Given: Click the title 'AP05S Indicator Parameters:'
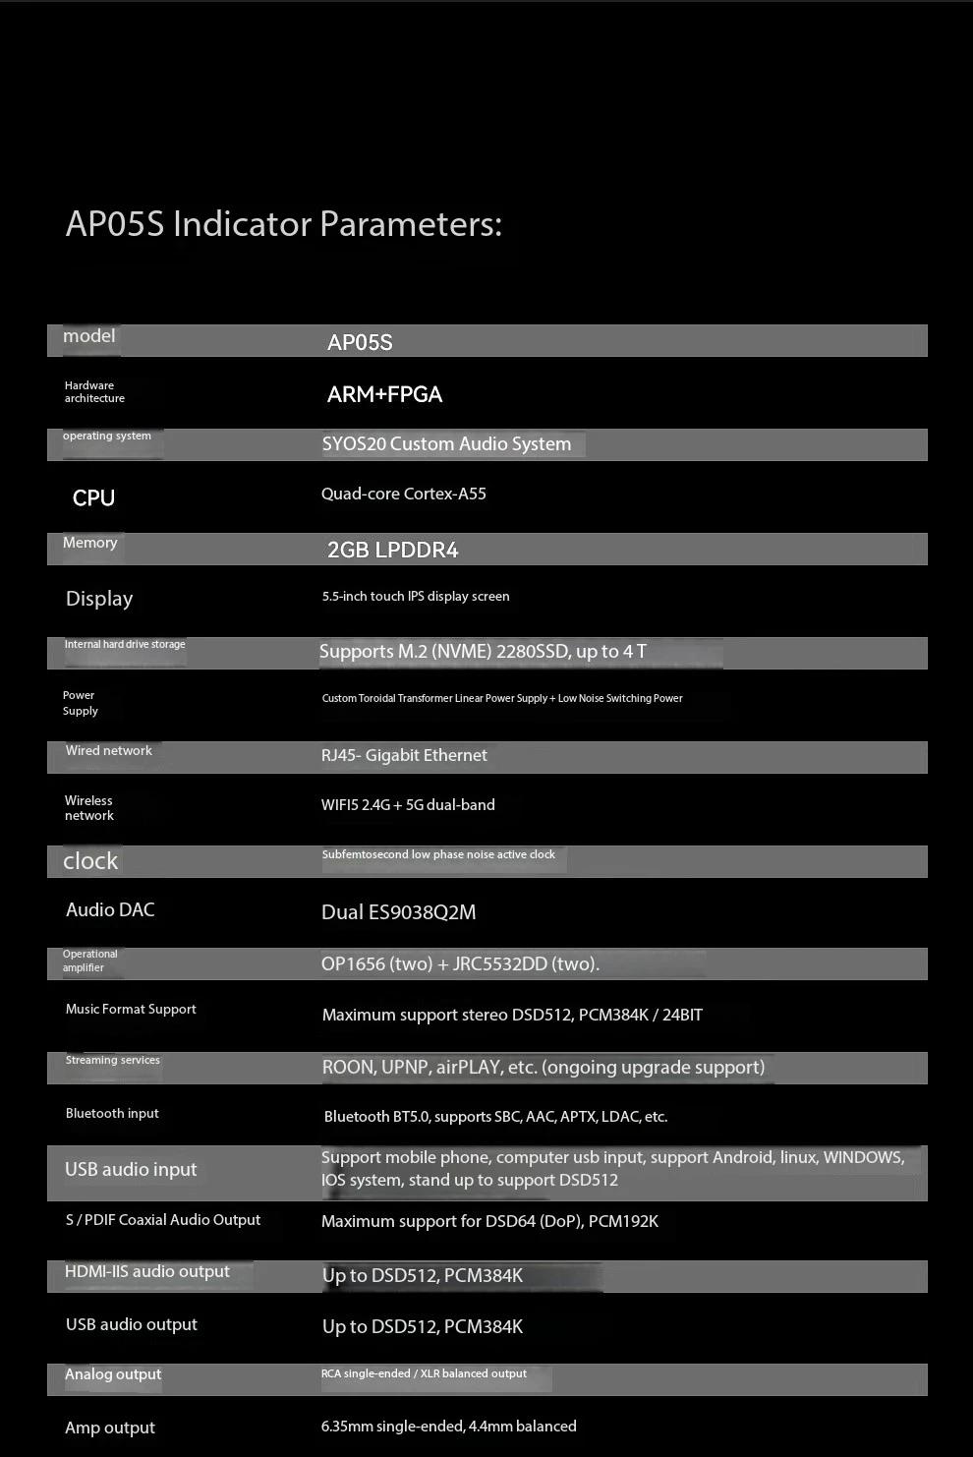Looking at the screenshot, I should click(283, 224).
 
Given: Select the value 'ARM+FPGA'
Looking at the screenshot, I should click(384, 394).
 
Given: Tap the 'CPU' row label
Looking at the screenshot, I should click(93, 497).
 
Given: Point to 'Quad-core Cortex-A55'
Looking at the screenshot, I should click(403, 494).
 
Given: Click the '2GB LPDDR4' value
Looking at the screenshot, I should click(392, 550).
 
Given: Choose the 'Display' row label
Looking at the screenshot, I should click(99, 599).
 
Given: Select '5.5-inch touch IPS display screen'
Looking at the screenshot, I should click(416, 596).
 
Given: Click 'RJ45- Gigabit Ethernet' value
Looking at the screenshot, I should click(404, 755).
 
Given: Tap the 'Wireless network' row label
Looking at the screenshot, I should click(89, 807).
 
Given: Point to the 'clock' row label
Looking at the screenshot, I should click(90, 861).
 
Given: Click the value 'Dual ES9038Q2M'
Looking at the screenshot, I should click(398, 912).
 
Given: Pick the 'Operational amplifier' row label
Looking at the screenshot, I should click(89, 961).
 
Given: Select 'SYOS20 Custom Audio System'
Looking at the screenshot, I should click(446, 443).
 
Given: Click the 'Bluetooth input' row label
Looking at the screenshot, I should click(112, 1113).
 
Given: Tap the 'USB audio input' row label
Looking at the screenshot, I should click(131, 1169).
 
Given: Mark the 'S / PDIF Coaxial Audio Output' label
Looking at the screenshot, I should click(163, 1220).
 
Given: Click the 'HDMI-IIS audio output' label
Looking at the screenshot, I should click(147, 1271).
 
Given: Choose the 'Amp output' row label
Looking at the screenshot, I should click(110, 1428).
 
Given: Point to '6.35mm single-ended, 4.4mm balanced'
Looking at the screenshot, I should click(448, 1426).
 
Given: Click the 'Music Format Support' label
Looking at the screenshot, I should click(131, 1009).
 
